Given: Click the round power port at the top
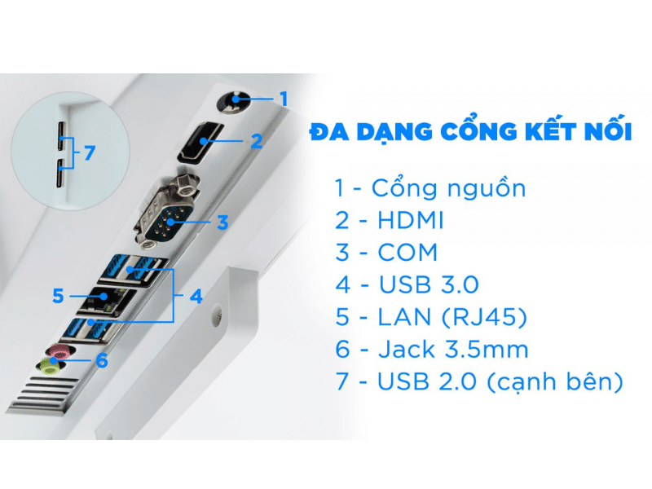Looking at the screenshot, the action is click(234, 101).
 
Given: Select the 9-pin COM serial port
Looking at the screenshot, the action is click(167, 213).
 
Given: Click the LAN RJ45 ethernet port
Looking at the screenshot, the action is click(106, 302).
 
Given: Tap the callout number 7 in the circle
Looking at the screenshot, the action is click(90, 153).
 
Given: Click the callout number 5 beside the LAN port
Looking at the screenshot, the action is click(58, 296).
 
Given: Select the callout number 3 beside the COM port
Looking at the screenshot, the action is click(222, 222).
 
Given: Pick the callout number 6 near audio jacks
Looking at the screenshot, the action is click(102, 360).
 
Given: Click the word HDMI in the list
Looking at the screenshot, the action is click(411, 220).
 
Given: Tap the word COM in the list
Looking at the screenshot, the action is click(407, 253).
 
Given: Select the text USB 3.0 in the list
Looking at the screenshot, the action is click(429, 284).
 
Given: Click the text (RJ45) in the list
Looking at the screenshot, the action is click(483, 317).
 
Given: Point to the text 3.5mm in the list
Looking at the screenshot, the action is click(487, 350).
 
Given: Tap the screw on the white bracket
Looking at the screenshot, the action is click(217, 314).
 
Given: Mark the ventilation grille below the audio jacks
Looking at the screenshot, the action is click(45, 395).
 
